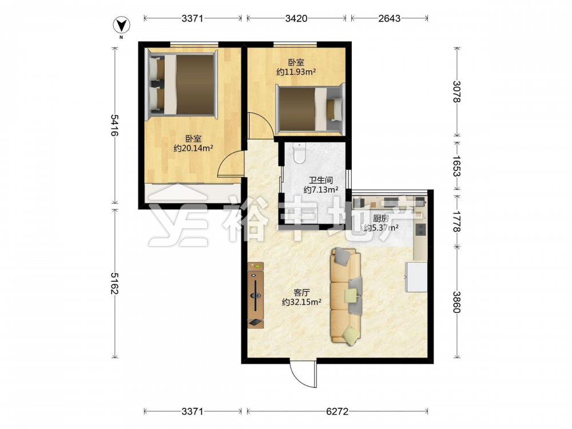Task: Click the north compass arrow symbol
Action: [121, 25]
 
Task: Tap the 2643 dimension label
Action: [389, 18]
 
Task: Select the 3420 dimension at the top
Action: [296, 18]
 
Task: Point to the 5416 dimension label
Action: [114, 125]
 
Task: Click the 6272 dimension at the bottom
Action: [337, 411]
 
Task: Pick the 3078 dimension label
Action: [456, 92]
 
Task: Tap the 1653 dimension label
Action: [456, 166]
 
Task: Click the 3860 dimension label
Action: [456, 302]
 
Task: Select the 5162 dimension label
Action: [114, 284]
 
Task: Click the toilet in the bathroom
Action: [300, 153]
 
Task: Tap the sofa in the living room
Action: [347, 296]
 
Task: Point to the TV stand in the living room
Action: [255, 295]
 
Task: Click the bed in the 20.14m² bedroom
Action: [182, 84]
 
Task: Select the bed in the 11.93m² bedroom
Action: [309, 108]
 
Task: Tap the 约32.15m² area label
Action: [301, 302]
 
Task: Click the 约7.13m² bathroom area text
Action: [321, 190]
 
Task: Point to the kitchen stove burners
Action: [421, 229]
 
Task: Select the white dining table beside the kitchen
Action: [416, 276]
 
